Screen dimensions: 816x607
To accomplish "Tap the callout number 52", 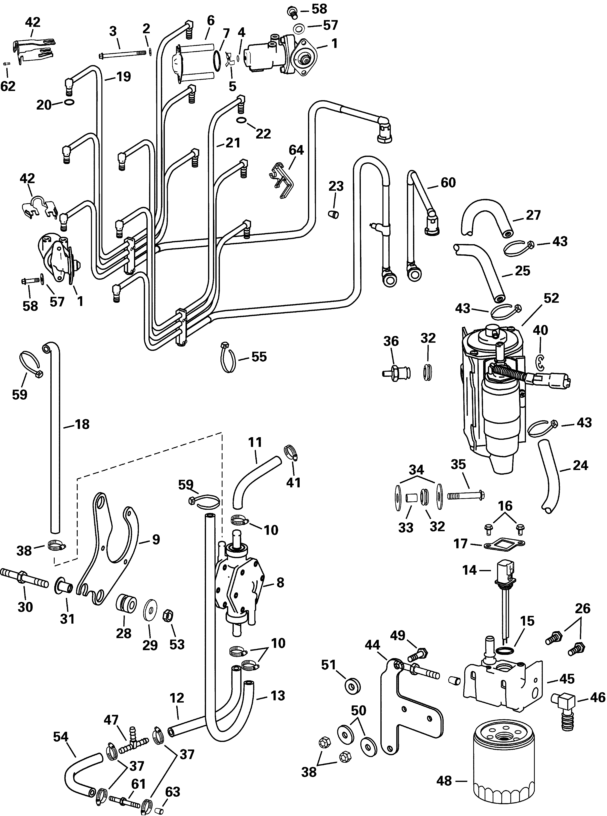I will coord(551,298).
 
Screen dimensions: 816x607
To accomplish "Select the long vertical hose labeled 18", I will coord(55,441).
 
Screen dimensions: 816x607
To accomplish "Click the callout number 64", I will coord(296,150).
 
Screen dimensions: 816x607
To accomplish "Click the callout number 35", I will coord(458,464).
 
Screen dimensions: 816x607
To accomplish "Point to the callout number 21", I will coord(233,143).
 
